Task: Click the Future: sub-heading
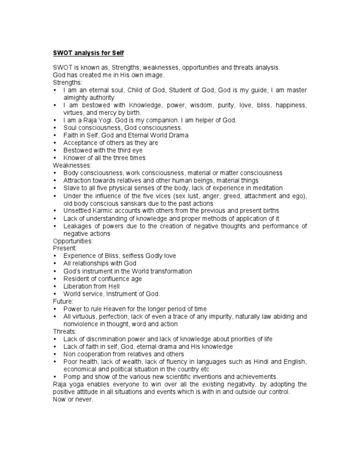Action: [63, 301]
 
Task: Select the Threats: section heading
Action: [65, 331]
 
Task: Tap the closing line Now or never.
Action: [74, 399]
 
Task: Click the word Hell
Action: [113, 286]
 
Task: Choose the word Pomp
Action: [72, 376]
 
